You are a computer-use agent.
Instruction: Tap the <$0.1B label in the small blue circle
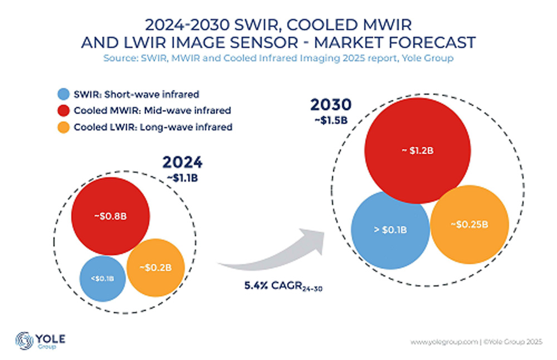99,278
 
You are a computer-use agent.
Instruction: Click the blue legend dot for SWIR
65,94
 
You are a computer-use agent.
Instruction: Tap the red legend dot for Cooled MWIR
65,110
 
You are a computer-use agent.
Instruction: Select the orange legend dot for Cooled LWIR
65,127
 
